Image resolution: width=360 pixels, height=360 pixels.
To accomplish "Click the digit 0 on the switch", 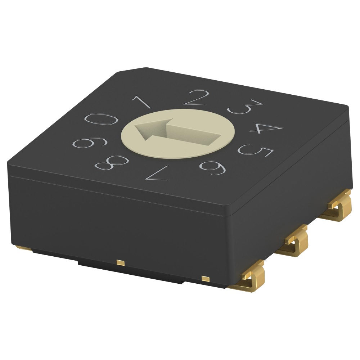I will [x=101, y=119].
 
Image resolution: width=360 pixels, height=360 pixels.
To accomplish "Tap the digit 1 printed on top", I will [x=141, y=102].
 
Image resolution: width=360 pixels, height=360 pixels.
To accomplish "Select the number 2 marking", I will [x=196, y=98].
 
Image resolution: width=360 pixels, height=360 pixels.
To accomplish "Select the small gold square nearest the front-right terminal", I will [x=205, y=279].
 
